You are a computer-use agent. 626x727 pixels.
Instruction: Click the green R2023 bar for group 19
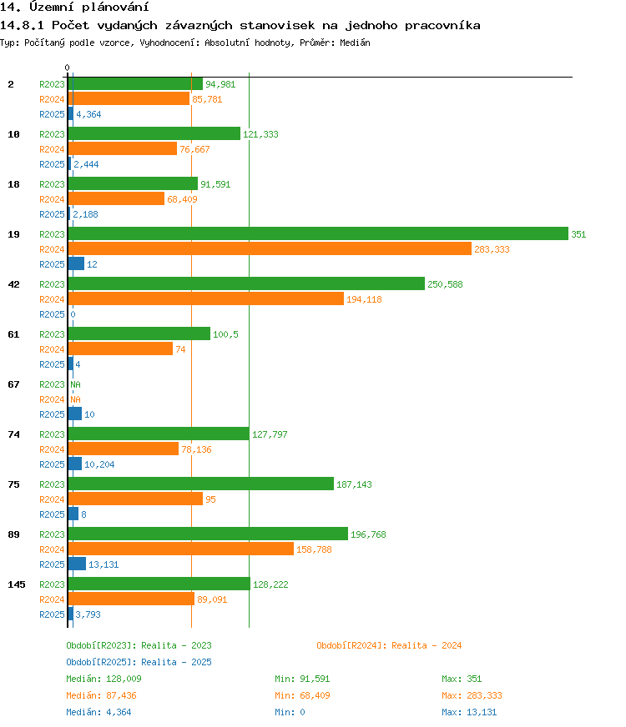pos(318,233)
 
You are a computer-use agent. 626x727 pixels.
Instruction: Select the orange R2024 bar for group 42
pos(206,298)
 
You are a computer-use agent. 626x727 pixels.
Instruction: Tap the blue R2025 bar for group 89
pos(77,564)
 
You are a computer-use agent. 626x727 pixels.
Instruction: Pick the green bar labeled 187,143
pos(201,484)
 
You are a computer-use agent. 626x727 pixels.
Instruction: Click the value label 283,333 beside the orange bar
pos(492,249)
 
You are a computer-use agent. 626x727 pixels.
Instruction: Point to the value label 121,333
pos(260,134)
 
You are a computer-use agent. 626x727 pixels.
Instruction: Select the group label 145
pos(17,584)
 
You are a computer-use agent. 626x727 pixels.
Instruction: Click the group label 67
pos(14,384)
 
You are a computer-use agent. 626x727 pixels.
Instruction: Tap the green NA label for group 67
pos(76,384)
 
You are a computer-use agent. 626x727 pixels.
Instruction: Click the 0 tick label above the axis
pos(68,68)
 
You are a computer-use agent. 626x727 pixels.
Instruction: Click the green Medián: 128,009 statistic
pos(104,679)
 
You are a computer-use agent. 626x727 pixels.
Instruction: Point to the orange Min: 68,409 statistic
pos(302,695)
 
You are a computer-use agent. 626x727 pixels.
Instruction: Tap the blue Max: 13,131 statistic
pos(469,712)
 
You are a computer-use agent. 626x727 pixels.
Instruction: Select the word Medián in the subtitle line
pos(355,43)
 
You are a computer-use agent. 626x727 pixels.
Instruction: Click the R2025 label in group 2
pos(52,114)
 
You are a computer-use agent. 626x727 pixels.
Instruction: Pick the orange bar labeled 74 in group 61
pos(121,348)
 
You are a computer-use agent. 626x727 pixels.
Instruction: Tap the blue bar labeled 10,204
pos(75,464)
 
